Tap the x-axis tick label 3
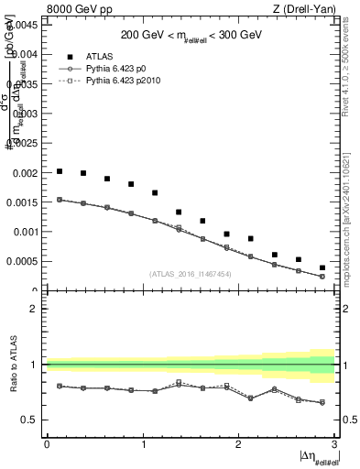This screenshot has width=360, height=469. (335, 444)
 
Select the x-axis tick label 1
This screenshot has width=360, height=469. (143, 444)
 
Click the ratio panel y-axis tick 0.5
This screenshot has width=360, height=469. (31, 420)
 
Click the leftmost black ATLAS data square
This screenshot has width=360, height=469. (60, 171)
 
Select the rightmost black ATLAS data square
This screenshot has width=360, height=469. (322, 267)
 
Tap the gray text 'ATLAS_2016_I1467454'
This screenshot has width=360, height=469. (190, 274)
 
